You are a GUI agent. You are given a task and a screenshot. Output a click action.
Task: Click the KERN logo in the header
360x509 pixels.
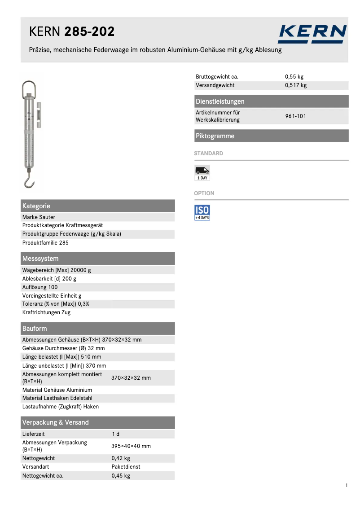pyautogui.click(x=312, y=34)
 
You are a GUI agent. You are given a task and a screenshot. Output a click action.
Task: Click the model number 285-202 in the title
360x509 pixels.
pyautogui.click(x=89, y=32)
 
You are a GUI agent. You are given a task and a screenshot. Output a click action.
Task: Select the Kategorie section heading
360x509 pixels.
pyautogui.click(x=36, y=206)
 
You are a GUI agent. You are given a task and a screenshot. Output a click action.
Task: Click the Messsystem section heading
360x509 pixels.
pyautogui.click(x=40, y=259)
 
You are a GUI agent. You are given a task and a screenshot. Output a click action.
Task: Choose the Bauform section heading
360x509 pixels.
pyautogui.click(x=35, y=329)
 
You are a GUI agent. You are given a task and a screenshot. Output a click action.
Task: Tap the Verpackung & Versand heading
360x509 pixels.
pyautogui.click(x=56, y=422)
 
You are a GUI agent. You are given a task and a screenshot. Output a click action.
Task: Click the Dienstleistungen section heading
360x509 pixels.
pyautogui.click(x=220, y=101)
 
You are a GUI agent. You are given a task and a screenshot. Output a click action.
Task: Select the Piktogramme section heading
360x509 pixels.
pyautogui.click(x=215, y=136)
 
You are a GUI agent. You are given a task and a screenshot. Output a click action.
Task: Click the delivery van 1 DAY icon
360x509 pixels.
pyautogui.click(x=202, y=173)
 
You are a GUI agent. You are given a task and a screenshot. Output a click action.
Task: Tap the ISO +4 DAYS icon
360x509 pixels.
pyautogui.click(x=202, y=212)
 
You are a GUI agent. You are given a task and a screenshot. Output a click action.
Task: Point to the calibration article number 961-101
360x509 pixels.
pyautogui.click(x=296, y=116)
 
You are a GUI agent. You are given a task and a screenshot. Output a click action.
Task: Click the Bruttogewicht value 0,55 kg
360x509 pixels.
pyautogui.click(x=294, y=77)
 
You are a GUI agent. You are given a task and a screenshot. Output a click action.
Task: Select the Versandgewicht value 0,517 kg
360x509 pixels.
pyautogui.click(x=296, y=85)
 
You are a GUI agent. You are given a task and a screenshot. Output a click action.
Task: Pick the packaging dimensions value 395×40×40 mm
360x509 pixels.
pyautogui.click(x=131, y=446)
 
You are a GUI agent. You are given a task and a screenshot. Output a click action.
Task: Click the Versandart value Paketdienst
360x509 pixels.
pyautogui.click(x=126, y=467)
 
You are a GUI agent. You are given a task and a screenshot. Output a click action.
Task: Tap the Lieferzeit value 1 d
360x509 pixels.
pyautogui.click(x=115, y=434)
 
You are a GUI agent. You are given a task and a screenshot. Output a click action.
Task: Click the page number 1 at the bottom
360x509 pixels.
pyautogui.click(x=347, y=485)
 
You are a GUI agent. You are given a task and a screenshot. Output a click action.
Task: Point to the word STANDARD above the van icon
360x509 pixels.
pyautogui.click(x=208, y=154)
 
